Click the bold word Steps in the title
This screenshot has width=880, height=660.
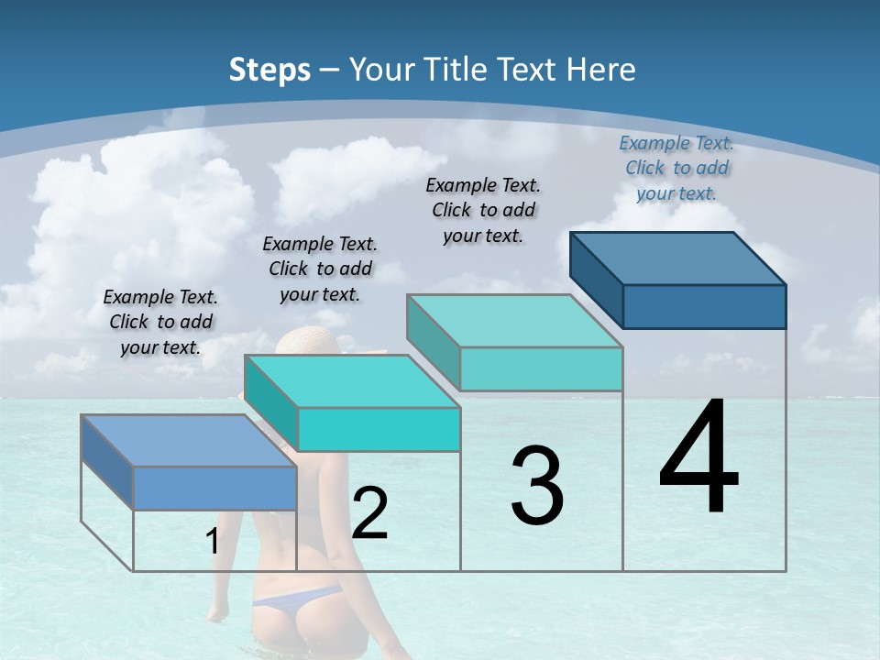pos(269,70)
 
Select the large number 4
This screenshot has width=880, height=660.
pos(699,458)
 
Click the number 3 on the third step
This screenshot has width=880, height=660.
pos(537,486)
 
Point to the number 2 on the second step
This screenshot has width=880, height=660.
pos(369,513)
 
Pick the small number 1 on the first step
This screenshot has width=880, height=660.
pos(213,542)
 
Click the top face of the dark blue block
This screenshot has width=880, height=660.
pos(678,258)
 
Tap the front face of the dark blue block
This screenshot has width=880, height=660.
pos(704,306)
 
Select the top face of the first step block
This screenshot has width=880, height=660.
pos(188,441)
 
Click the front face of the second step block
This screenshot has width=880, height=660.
pos(379,429)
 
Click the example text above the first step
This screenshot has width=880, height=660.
pos(160,322)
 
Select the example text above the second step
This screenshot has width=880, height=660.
pos(320,269)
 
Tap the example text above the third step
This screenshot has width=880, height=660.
pos(483,210)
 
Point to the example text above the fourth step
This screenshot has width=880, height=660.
pos(676,168)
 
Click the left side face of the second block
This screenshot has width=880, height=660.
pos(271,403)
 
